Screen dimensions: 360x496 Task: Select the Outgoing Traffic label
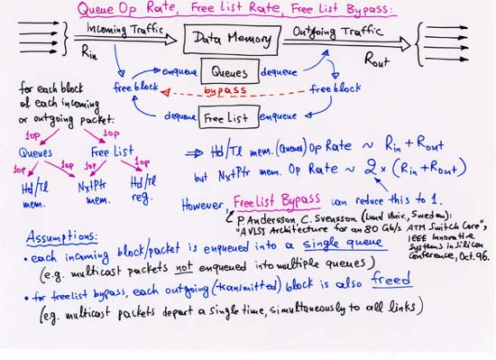tap(331, 31)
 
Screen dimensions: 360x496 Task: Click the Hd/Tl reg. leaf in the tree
tap(143, 188)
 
